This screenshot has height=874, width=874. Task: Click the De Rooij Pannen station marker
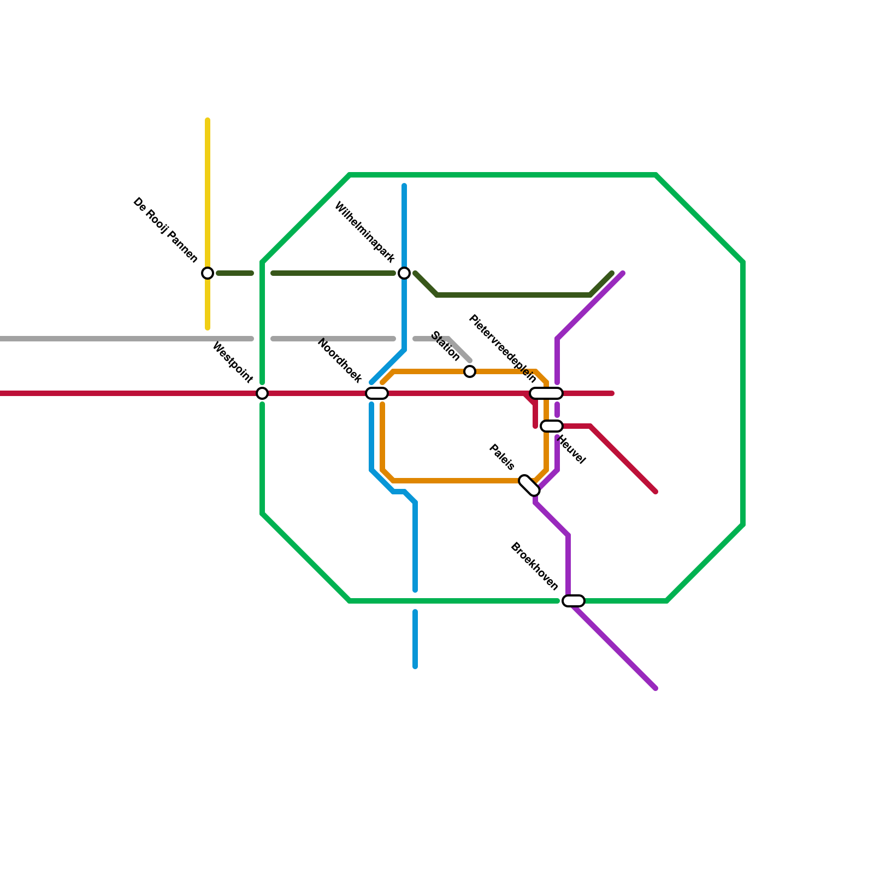click(208, 273)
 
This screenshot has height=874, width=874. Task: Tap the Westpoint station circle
click(262, 393)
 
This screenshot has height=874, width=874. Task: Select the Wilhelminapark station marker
click(404, 273)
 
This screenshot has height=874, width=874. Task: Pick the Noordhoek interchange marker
click(377, 393)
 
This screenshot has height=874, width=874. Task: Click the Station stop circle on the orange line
click(470, 371)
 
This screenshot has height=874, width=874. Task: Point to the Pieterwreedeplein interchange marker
click(546, 393)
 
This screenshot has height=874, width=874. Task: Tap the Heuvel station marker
click(552, 426)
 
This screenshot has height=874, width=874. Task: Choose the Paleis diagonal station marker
click(529, 486)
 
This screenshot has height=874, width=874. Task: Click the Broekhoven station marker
click(574, 601)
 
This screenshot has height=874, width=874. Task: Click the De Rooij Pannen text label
click(166, 230)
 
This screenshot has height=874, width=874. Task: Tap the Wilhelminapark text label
click(364, 232)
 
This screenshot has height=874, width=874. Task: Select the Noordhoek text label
click(339, 361)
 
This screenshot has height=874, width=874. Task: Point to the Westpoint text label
click(233, 362)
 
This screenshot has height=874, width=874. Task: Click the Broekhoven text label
click(534, 566)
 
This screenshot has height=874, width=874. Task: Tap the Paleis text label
click(501, 457)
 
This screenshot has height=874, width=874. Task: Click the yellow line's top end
click(208, 120)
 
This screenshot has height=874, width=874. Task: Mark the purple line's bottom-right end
click(655, 688)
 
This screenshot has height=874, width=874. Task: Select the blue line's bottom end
click(415, 666)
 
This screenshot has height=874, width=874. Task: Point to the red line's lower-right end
click(655, 492)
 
